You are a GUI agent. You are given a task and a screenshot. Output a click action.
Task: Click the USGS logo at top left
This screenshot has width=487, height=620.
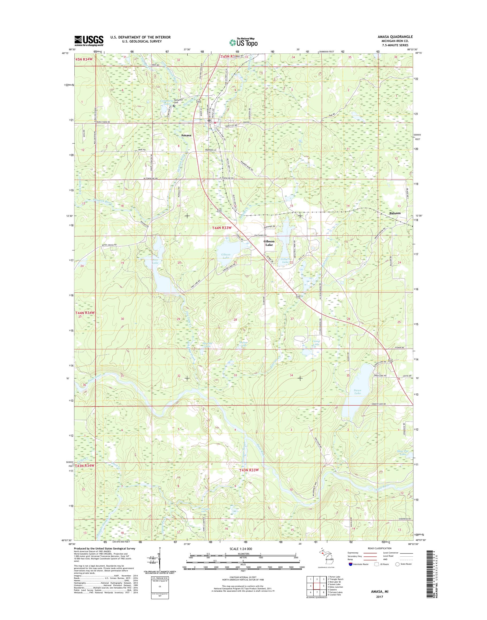[x=89, y=41]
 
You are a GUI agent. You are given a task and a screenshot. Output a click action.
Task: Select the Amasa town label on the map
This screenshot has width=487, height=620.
[x=186, y=135]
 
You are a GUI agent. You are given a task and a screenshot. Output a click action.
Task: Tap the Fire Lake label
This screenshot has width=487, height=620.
[x=155, y=261]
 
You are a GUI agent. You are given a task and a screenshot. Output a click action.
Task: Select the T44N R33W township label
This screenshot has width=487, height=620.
[x=222, y=228]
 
